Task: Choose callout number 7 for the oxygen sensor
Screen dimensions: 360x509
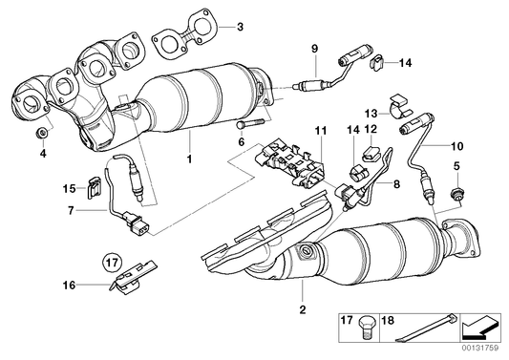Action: pos(70,207)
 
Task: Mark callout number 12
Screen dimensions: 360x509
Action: pos(371,129)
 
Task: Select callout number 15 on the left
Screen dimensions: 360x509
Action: pos(69,187)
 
